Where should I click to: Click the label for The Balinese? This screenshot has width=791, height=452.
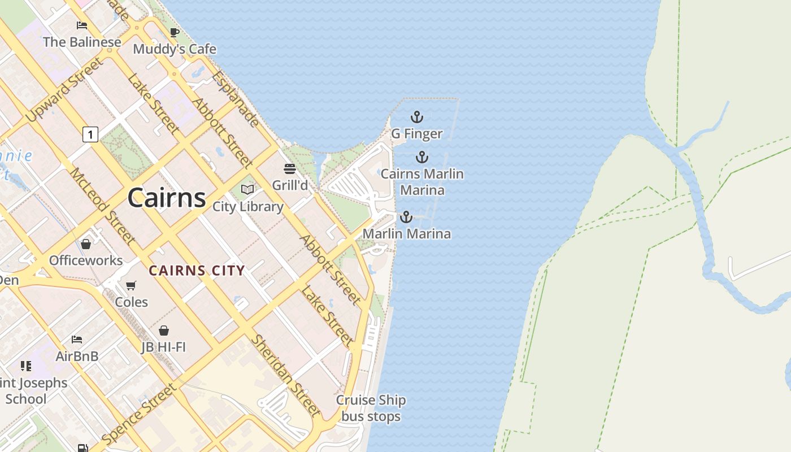coord(82,42)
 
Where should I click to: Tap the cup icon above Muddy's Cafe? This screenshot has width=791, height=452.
coord(175,33)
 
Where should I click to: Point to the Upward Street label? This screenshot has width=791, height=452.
coord(65,89)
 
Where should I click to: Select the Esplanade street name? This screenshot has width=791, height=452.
coord(236,99)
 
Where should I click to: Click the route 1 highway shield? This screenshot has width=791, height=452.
coord(90,134)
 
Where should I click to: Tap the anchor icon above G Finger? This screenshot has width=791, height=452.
coord(416,118)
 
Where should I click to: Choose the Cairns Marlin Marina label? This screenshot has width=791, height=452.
coord(422,182)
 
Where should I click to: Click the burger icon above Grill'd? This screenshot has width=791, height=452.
coord(290,169)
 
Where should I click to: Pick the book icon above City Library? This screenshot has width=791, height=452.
coord(247,190)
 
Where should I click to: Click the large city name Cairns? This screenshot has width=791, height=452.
coord(167,198)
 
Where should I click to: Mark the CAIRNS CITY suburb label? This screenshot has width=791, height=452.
coord(197,271)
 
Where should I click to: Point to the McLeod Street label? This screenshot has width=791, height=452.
coord(102,206)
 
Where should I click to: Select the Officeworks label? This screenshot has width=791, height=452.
coord(86,260)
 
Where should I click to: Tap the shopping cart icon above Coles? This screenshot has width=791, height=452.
coord(131,286)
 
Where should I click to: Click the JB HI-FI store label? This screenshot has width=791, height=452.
coord(163,347)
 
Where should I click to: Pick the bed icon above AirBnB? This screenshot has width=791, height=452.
coord(77,340)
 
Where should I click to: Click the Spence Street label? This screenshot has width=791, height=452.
coord(139,414)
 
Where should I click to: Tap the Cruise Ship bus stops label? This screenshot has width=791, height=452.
coord(371,408)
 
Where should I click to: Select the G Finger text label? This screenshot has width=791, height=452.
coord(416,134)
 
